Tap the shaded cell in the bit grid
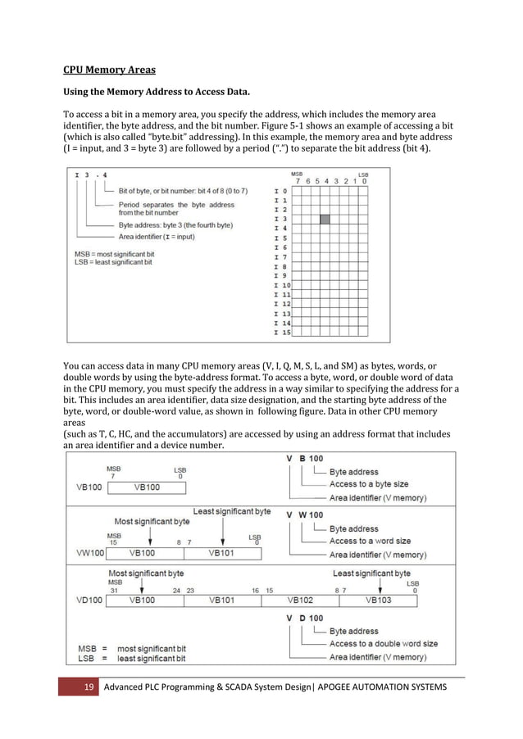[x=325, y=219]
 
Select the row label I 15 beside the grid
[x=280, y=333]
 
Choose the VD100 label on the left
[x=89, y=601]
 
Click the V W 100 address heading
[x=304, y=515]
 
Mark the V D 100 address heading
[x=304, y=618]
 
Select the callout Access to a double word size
[x=384, y=644]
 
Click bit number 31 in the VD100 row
[x=114, y=590]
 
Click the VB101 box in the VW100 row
[x=222, y=553]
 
